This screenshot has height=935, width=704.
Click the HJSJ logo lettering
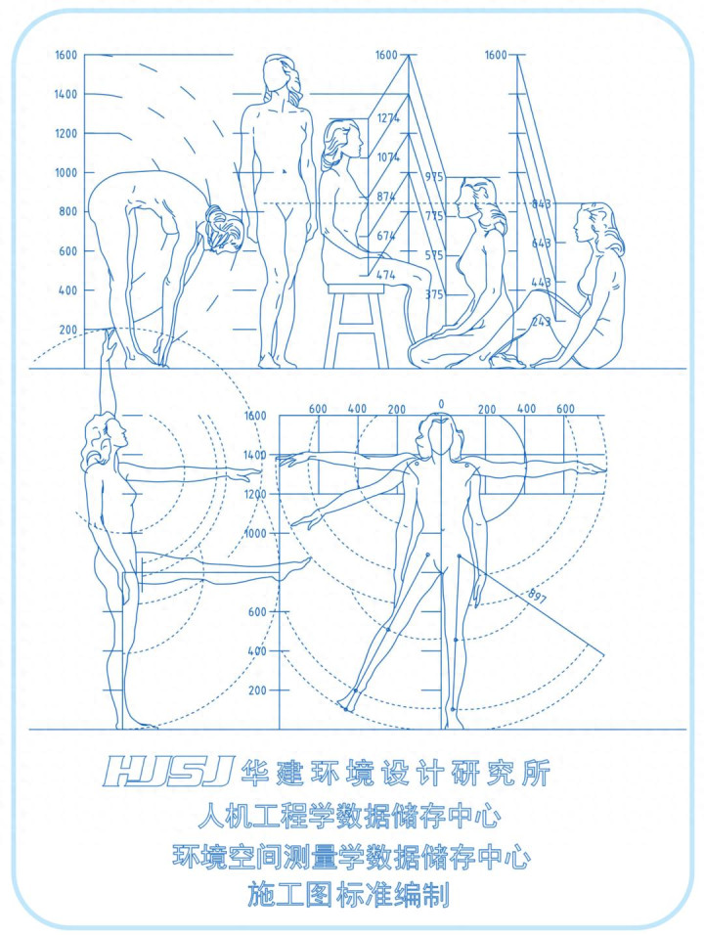167,772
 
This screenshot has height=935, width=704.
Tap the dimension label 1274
388,118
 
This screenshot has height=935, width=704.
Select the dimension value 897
537,597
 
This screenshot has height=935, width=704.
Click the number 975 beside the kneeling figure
434,177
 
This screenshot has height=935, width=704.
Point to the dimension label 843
542,204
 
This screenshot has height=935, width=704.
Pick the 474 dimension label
385,276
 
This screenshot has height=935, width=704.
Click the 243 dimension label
542,322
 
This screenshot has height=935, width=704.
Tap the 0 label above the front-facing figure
441,404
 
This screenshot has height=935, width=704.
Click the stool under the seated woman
356,326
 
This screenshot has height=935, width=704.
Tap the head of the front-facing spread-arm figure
440,434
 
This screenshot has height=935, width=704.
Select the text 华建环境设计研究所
395,773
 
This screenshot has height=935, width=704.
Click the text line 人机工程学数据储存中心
349,816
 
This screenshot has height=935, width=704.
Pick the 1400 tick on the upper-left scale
66,94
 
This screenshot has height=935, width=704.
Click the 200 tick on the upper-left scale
68,330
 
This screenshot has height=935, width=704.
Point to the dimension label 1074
388,157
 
